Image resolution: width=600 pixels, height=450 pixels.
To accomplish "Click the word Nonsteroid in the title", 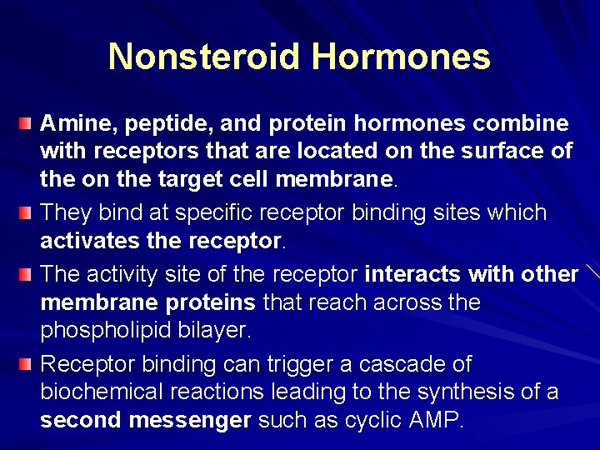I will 204,57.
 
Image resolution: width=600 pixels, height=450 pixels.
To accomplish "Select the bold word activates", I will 87,241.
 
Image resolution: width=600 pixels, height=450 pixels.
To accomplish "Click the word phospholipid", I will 107,330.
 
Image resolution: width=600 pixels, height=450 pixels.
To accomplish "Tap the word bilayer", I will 215,330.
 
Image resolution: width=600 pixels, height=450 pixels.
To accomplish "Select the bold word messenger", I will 190,420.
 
